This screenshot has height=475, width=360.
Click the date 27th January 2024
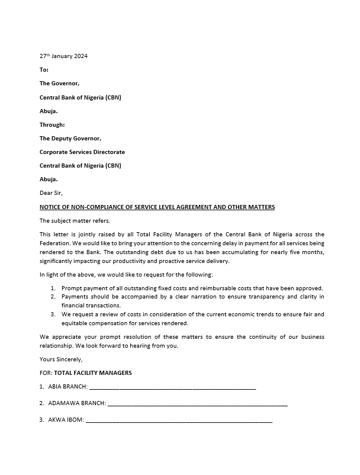63,56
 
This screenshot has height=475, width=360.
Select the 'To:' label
44,70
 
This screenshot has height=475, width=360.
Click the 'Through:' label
52,124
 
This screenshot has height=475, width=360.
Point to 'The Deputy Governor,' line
70,139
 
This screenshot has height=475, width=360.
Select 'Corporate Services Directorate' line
82,152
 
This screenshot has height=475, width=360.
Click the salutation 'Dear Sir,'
51,193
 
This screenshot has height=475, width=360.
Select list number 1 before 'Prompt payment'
53,287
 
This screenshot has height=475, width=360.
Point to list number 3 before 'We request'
53,314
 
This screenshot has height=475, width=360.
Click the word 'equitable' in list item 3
75,323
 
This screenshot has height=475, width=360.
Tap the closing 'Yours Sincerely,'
61,359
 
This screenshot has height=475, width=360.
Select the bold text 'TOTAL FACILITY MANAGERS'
93,373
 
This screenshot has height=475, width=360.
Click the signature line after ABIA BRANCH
172,388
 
